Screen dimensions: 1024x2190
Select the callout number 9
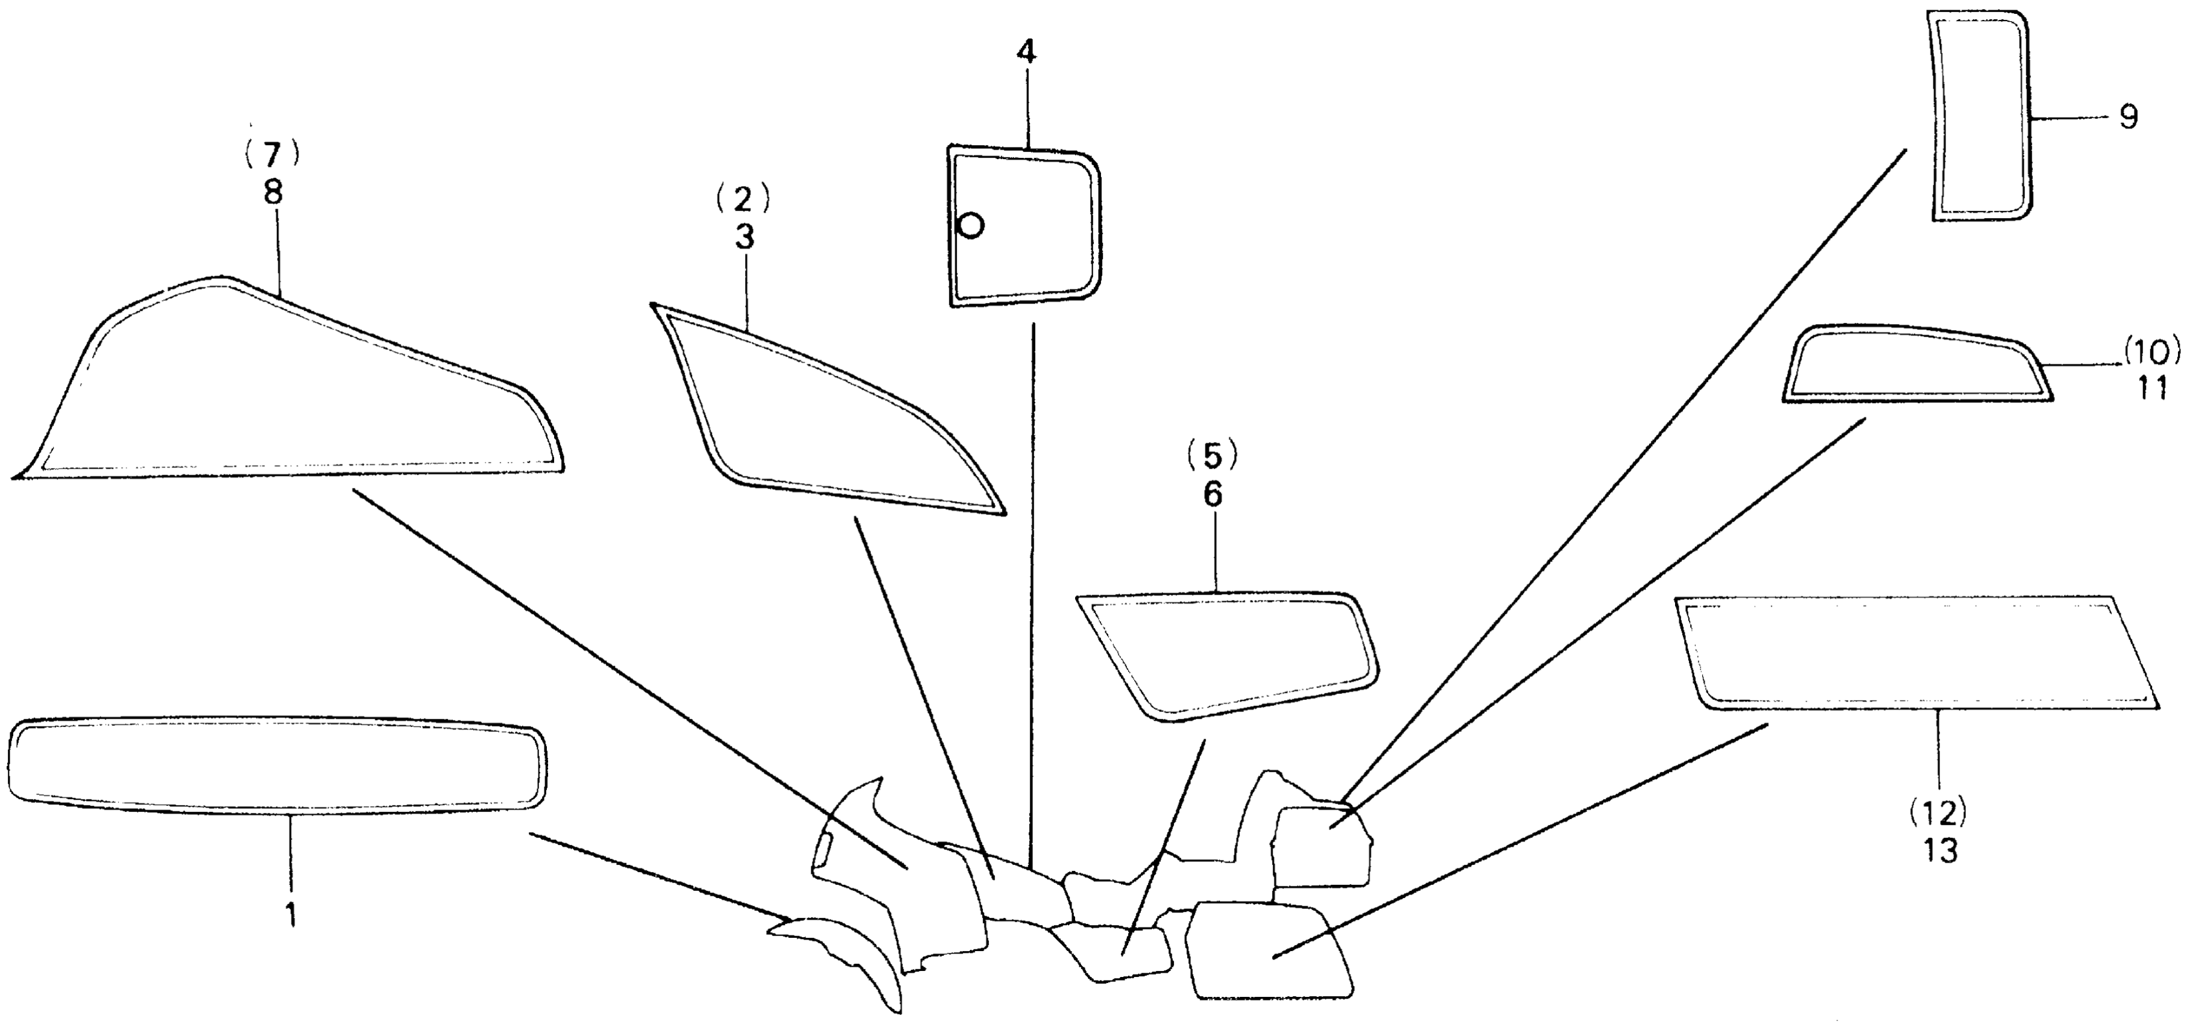(x=2128, y=116)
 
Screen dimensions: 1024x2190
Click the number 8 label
(x=272, y=193)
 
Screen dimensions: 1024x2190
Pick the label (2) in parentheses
(x=743, y=200)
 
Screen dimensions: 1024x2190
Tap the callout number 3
(x=744, y=238)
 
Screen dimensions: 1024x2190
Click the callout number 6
(x=1212, y=495)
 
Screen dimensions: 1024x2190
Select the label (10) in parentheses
(x=2151, y=349)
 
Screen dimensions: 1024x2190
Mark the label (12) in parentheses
(x=1941, y=814)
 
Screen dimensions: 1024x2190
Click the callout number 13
(x=1941, y=851)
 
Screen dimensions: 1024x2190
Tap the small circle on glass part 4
(x=971, y=225)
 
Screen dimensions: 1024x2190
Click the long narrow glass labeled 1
(x=276, y=761)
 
